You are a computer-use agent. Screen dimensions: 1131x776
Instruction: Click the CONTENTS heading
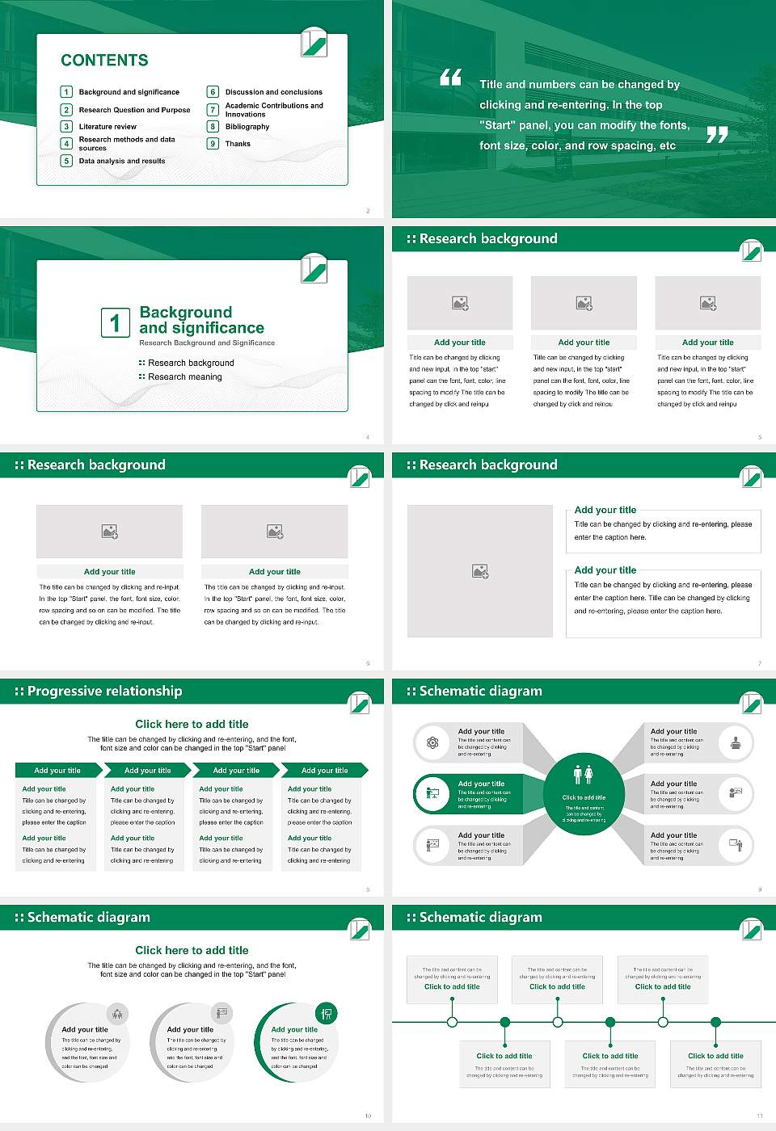tap(104, 61)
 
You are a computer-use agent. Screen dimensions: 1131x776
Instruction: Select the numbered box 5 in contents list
tap(67, 161)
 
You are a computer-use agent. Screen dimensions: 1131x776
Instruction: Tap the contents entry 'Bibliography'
tap(247, 127)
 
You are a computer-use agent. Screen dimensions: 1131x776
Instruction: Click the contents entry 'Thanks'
tap(238, 144)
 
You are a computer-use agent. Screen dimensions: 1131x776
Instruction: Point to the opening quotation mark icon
tap(450, 78)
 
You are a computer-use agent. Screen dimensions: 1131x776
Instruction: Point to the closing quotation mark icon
tap(717, 135)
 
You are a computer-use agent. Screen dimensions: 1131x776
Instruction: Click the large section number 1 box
tap(115, 322)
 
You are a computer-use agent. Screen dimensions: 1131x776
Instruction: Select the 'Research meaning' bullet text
tap(184, 376)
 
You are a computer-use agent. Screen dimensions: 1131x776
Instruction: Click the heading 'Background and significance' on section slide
tap(201, 320)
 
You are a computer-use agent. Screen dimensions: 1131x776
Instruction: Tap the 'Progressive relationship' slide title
tap(104, 692)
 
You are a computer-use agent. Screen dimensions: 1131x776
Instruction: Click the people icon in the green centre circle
tap(584, 775)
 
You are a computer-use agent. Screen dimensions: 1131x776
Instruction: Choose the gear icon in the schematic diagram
tap(432, 742)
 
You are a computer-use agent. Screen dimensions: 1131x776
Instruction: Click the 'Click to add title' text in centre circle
tap(584, 797)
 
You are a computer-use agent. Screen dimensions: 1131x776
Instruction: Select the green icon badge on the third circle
tap(327, 1013)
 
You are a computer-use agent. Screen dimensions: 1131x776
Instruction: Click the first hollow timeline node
tap(452, 1022)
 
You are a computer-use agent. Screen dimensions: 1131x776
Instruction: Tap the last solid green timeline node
tap(715, 1022)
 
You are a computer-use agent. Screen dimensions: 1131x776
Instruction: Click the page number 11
tap(760, 1116)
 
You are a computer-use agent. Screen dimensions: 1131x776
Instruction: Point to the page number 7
tap(760, 663)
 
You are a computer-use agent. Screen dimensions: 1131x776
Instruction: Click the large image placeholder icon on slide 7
tap(480, 571)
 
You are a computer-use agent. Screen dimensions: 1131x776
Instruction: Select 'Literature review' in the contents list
tap(108, 127)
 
